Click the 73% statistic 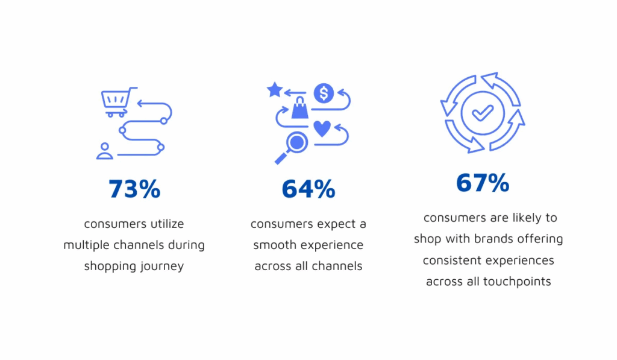(134, 189)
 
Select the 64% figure (308, 189)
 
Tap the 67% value (483, 183)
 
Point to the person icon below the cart (105, 151)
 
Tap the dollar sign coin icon (324, 93)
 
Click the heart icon (322, 128)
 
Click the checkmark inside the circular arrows (482, 112)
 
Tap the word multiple (86, 245)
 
